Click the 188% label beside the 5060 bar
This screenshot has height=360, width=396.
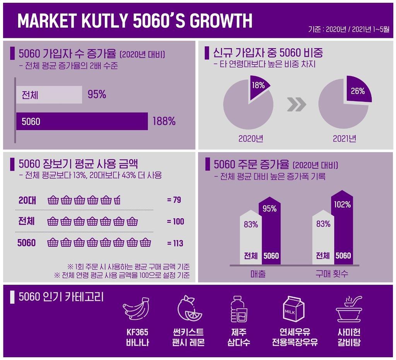click(164, 121)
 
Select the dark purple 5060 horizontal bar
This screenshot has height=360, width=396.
click(82, 121)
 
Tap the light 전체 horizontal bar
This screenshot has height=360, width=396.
click(49, 95)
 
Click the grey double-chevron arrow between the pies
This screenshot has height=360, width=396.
click(297, 104)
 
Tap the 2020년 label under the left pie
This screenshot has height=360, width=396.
click(251, 139)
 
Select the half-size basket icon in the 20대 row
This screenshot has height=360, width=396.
click(117, 200)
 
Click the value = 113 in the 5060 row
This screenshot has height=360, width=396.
click(175, 243)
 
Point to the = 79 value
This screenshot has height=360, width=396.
click(174, 200)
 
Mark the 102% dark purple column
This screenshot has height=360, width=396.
click(342, 227)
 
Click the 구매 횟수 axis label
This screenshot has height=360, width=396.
click(331, 274)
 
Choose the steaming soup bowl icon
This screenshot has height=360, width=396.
click(349, 309)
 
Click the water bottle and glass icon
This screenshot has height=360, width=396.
click(239, 309)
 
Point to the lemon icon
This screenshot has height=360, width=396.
click(189, 308)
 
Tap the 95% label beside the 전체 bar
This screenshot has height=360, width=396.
click(97, 94)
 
